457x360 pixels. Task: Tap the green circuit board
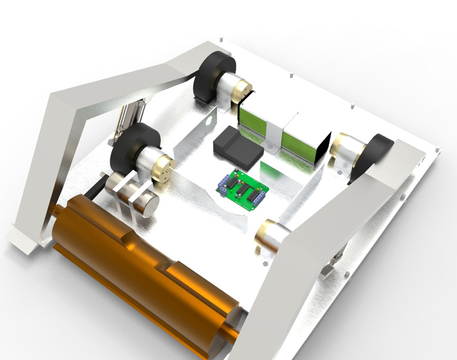[x=243, y=188]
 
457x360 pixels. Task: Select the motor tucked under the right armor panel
[x=273, y=236]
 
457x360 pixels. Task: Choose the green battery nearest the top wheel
[x=252, y=121]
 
